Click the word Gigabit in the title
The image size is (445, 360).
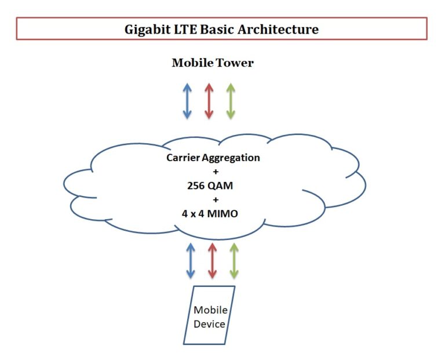[x=148, y=29]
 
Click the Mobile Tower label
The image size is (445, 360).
[x=213, y=63]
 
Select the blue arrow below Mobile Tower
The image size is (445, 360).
[x=187, y=101]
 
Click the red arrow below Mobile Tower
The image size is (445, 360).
[x=209, y=101]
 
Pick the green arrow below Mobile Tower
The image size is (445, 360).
[x=231, y=101]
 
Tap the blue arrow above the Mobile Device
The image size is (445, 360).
[x=190, y=260]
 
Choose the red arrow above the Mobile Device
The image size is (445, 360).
[x=212, y=260]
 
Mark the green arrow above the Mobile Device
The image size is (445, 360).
[x=234, y=260]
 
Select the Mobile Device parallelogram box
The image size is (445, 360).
[x=209, y=316]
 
